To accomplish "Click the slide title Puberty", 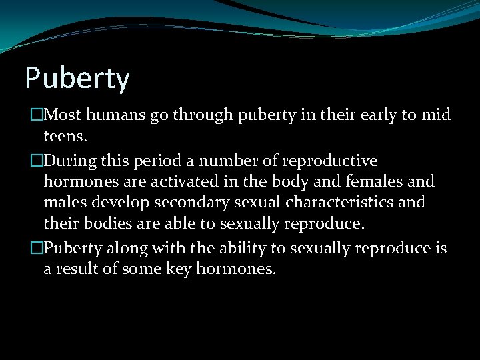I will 77,78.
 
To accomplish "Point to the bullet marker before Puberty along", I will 28,247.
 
